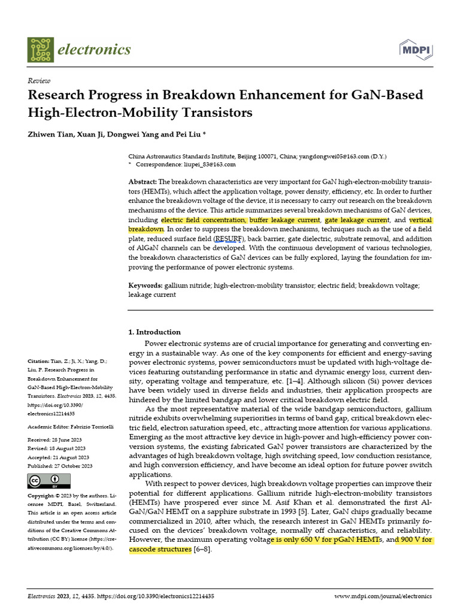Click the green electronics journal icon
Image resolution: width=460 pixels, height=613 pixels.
coord(40,49)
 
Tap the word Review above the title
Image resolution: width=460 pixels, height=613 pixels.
coord(39,81)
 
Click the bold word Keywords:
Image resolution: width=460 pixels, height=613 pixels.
coord(146,285)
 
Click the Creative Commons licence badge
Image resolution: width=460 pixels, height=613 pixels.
coord(49,481)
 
